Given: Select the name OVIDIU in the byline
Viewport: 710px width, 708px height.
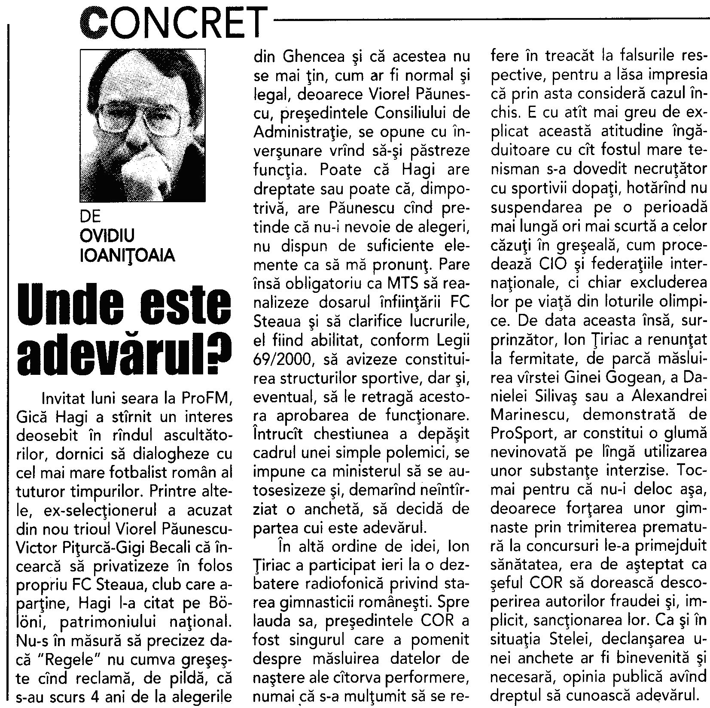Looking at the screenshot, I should (x=107, y=236).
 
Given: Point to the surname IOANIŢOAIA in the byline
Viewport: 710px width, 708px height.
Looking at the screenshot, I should (x=128, y=255).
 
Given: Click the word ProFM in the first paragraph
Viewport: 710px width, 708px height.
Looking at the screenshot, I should (x=212, y=398).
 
